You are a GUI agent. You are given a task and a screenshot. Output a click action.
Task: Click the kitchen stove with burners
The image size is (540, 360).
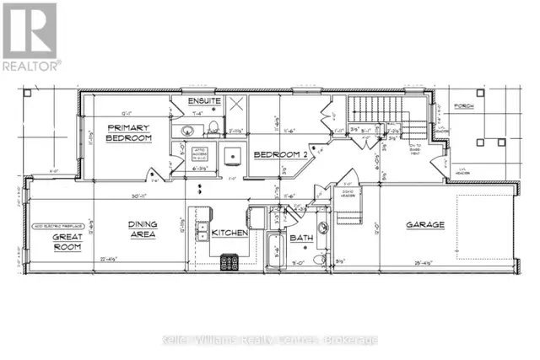[229, 262]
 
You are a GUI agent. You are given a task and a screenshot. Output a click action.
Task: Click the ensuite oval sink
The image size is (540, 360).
[188, 131]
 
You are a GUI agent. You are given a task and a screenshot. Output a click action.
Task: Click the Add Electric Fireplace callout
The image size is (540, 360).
[51, 228]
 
